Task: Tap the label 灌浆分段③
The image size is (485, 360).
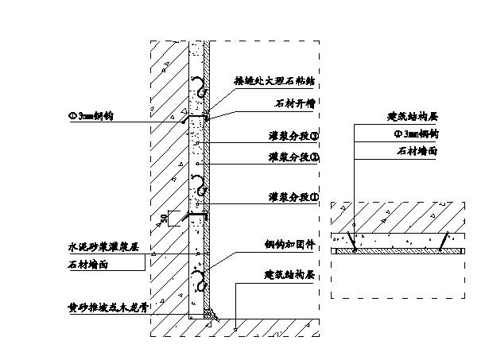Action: [x=293, y=136]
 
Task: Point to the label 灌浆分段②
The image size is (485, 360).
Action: [x=293, y=157]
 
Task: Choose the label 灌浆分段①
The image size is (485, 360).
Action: [x=293, y=196]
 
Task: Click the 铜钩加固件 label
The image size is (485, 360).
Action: [x=291, y=246]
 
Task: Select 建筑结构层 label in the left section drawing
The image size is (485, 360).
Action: [x=291, y=274]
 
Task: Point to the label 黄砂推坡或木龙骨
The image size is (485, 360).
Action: [x=110, y=304]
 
